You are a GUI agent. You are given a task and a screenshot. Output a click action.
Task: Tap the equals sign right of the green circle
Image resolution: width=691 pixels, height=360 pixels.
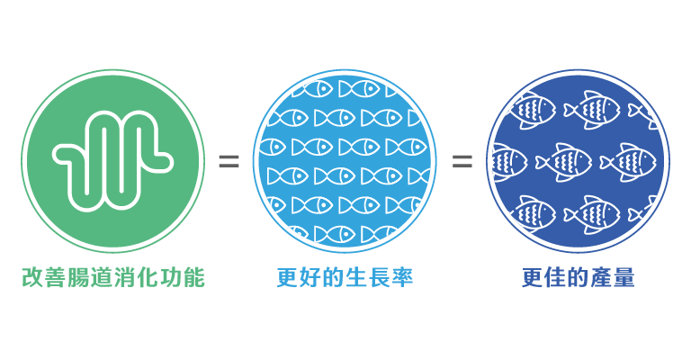[229, 161]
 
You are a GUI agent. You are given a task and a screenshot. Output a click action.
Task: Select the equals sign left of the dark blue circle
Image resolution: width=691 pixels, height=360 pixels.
[462, 161]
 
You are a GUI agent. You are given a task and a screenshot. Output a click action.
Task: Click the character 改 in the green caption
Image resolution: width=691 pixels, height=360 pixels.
[33, 277]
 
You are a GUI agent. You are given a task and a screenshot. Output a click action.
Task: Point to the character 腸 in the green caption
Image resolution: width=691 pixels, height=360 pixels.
[79, 277]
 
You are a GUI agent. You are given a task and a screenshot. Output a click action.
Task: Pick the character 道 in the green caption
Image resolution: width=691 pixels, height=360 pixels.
[102, 277]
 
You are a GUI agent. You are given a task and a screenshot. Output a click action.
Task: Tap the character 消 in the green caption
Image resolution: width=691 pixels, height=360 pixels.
[125, 277]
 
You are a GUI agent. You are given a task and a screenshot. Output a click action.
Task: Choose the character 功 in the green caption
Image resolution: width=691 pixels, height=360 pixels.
[171, 277]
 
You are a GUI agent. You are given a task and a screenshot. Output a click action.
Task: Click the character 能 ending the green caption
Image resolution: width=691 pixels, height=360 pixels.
[194, 277]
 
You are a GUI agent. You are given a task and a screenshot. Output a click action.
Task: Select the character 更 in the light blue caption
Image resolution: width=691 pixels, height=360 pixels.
[287, 277]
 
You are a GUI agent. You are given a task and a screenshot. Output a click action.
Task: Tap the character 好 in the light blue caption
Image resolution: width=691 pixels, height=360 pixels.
[310, 277]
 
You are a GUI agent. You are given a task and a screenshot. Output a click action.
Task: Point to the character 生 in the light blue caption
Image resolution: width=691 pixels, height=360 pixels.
[356, 277]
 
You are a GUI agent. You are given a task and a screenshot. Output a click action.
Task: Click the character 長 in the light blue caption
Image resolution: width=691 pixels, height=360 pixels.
[379, 277]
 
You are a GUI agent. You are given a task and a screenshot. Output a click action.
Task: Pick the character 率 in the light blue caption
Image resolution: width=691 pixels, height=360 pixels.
[402, 277]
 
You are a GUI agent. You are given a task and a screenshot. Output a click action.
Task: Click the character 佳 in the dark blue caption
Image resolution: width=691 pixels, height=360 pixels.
[556, 277]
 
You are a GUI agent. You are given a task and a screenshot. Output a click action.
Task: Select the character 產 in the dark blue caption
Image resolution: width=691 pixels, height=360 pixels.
[602, 277]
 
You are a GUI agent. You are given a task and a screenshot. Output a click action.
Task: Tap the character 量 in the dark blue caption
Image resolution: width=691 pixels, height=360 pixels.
[624, 277]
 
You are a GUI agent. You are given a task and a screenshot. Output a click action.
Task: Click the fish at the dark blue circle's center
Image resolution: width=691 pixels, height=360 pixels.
[565, 162]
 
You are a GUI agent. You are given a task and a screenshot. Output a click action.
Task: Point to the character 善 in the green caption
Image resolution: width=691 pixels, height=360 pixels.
[56, 277]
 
